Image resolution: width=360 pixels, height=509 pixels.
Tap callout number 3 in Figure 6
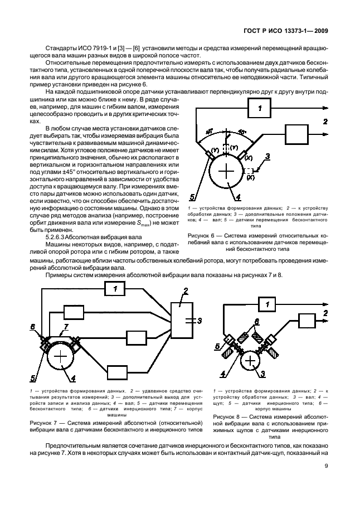click(x=268, y=157)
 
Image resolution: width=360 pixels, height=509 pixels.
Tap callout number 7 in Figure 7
click(x=66, y=326)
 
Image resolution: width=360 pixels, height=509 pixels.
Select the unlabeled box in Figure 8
click(x=308, y=321)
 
